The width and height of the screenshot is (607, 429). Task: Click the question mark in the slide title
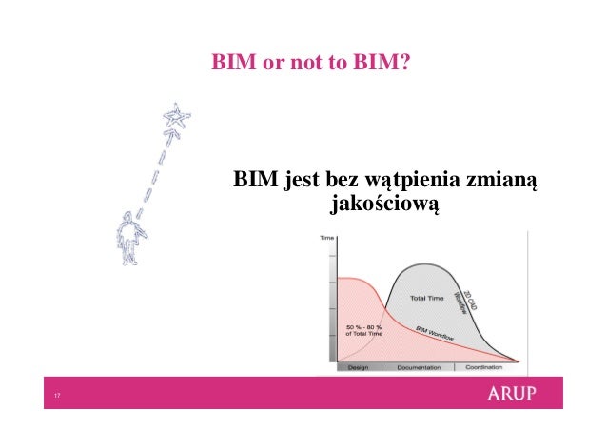[x=405, y=64]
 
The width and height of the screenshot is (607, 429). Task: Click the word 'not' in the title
[x=293, y=64]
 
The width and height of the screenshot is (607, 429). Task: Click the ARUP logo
[x=518, y=393]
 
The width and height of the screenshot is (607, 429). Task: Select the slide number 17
[x=58, y=396]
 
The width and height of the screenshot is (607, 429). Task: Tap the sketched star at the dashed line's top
[x=176, y=118]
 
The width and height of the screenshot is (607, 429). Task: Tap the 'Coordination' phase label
[x=483, y=367]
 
